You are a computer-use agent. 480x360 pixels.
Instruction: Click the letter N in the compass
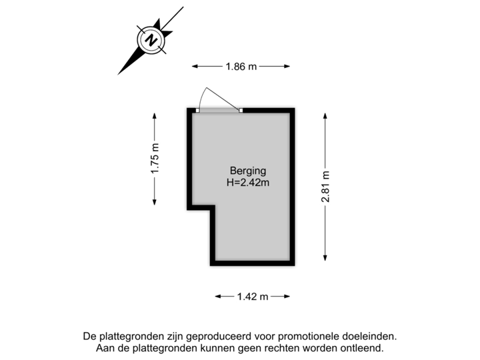tap(151, 40)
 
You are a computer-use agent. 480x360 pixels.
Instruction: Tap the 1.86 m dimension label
tap(241, 66)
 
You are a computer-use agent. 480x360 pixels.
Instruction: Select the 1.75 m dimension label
tap(155, 160)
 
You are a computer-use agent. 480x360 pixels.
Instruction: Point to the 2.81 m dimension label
tap(325, 187)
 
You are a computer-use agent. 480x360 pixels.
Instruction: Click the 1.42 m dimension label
tap(253, 296)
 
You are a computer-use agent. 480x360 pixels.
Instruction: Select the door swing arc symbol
tap(212, 97)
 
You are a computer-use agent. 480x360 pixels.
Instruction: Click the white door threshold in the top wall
tap(219, 110)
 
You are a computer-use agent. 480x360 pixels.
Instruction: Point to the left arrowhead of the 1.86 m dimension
tap(194, 66)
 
